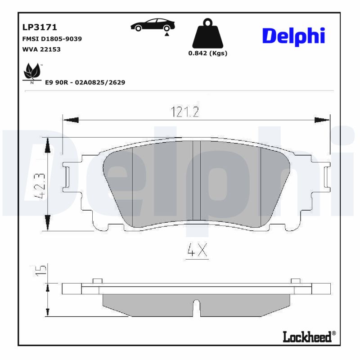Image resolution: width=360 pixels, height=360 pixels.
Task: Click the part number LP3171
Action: click(40, 28)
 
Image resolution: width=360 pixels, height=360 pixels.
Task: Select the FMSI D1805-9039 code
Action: click(52, 39)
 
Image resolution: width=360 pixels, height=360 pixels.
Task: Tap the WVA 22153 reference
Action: click(41, 49)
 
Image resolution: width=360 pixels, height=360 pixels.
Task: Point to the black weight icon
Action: click(207, 34)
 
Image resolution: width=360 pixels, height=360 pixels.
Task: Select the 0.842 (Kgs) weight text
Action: click(207, 53)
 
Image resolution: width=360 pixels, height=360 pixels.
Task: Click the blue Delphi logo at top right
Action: click(293, 36)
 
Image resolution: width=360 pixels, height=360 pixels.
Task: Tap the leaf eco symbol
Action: click(32, 72)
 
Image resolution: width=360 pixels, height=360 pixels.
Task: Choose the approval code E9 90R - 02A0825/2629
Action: click(85, 82)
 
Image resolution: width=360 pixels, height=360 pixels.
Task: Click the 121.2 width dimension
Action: click(184, 112)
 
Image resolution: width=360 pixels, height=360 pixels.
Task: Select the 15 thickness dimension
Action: click(41, 270)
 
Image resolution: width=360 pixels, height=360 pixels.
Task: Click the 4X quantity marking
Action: click(197, 252)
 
